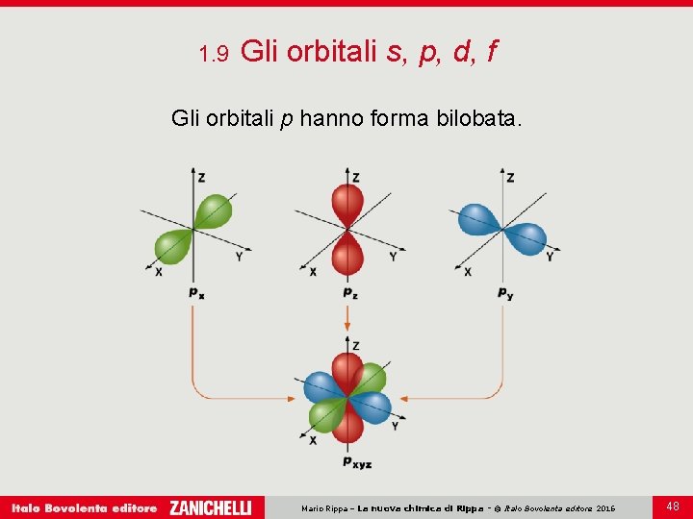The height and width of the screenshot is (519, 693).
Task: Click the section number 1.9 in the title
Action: coord(212,54)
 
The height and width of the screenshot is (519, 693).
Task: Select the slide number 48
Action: coord(672,506)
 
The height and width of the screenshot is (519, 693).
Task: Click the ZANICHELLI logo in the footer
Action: coord(210,507)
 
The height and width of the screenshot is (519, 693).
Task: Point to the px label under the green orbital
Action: coord(196,292)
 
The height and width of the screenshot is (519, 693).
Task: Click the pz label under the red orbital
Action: coord(350,292)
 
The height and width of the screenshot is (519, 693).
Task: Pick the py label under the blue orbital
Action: coord(505,292)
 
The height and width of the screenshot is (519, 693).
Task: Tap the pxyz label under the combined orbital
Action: coord(357,462)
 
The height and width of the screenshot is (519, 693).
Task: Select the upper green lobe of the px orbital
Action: coord(213,210)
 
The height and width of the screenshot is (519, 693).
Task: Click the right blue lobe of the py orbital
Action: coord(527,237)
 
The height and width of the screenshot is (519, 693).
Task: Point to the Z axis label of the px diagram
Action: coord(201,178)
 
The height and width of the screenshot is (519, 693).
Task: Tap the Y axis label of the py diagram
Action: coord(550,257)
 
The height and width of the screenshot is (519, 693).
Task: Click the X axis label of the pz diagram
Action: coord(313,272)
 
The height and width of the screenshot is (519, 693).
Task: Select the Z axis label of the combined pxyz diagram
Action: coord(356,345)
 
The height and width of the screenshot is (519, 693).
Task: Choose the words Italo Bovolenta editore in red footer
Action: coord(84,507)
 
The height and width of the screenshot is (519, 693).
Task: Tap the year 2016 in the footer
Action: coord(605,507)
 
